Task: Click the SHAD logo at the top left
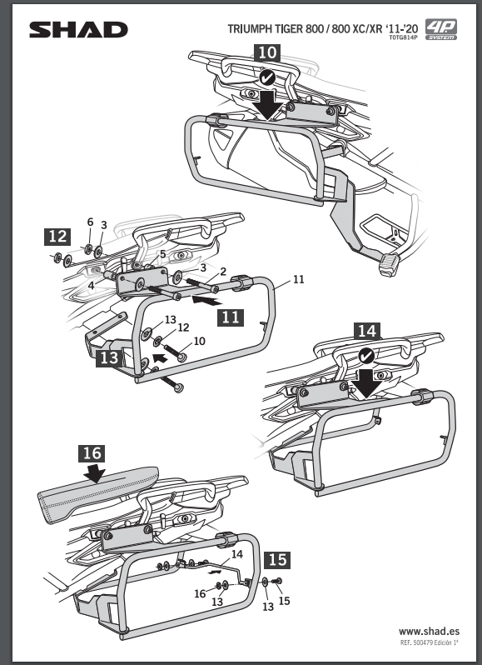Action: point(78,30)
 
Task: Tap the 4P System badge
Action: point(441,29)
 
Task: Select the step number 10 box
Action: point(267,52)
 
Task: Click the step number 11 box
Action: point(231,317)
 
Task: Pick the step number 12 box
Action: point(57,237)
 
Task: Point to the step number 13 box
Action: point(109,357)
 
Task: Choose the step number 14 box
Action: point(367,331)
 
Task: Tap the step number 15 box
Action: point(278,560)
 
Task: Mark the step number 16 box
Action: point(92,453)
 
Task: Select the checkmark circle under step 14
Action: point(366,357)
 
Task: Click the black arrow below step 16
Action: point(94,472)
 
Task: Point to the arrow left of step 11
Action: point(206,301)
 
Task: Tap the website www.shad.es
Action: point(429,632)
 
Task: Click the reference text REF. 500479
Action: point(416,643)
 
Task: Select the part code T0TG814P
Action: point(403,37)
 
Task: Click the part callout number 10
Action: point(199,341)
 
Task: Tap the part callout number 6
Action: point(90,222)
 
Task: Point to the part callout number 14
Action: point(237,554)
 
